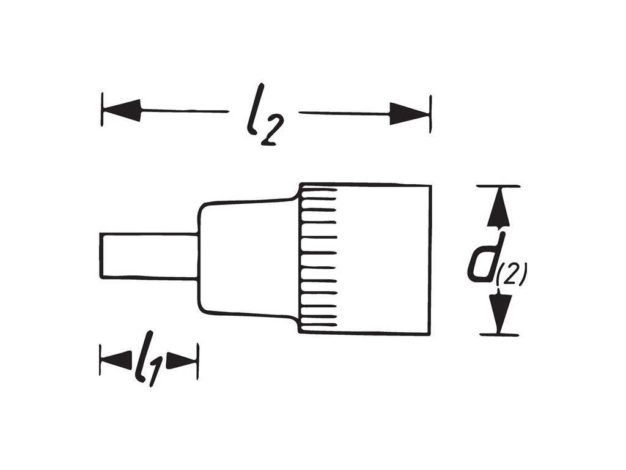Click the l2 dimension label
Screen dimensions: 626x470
(x=262, y=120)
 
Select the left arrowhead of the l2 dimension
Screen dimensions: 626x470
(x=122, y=111)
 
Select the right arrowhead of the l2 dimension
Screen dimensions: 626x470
(x=408, y=113)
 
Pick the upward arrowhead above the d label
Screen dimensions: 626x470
(x=499, y=208)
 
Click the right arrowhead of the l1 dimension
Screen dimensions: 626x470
(x=182, y=361)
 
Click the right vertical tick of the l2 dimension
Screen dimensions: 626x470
(x=431, y=113)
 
